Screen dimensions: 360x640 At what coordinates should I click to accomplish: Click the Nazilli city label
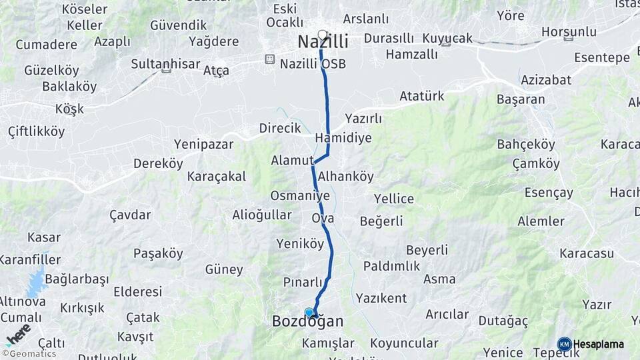(x=323, y=42)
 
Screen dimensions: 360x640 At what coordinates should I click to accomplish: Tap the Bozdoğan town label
(x=308, y=322)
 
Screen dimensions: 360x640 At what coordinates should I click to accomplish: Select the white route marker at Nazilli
(x=323, y=35)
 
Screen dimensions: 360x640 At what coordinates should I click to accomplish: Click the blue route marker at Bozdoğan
(x=309, y=312)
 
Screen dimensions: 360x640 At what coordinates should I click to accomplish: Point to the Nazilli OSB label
(x=313, y=63)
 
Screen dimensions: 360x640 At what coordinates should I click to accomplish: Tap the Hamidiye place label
(x=343, y=138)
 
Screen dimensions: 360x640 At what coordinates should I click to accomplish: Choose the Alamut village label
(x=292, y=161)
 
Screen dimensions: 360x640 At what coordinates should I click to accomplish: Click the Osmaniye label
(x=300, y=196)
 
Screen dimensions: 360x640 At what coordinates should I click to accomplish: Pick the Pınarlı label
(x=303, y=282)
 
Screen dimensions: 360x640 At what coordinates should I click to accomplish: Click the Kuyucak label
(x=447, y=38)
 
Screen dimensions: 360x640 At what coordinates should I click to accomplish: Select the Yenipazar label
(x=203, y=144)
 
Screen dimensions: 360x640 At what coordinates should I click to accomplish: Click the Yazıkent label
(x=381, y=297)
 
